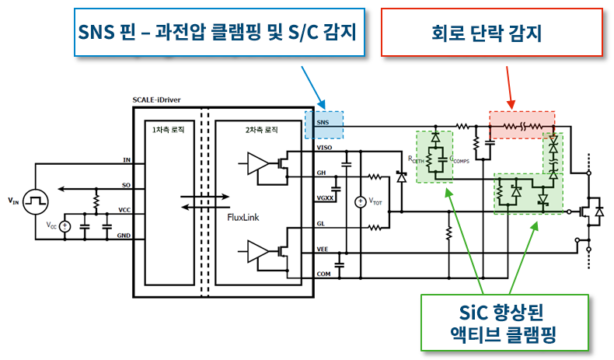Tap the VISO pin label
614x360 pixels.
pos(324,147)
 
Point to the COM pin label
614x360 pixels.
pos(323,274)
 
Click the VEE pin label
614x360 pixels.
pos(323,249)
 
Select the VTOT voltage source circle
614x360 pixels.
pos(360,202)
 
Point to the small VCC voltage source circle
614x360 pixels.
pos(65,226)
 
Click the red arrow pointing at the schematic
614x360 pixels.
pos(510,86)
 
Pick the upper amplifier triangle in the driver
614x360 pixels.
pos(257,163)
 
